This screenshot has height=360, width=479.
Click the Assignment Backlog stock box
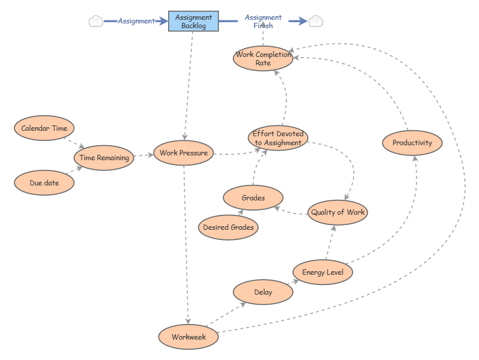(x=193, y=21)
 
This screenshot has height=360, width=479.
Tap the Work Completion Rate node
(x=263, y=58)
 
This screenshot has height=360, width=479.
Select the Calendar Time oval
(x=44, y=128)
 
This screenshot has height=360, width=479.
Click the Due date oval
(x=44, y=183)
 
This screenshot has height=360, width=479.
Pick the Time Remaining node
(x=104, y=158)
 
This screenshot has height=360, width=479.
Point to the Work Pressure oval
(x=184, y=153)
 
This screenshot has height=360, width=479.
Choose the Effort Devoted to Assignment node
(x=278, y=138)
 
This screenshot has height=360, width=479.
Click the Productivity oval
(x=412, y=143)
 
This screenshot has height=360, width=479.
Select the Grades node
(x=253, y=197)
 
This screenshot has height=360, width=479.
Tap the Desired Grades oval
(x=228, y=227)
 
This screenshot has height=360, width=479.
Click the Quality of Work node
(x=337, y=212)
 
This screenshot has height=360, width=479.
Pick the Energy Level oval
(x=323, y=272)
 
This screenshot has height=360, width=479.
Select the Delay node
(x=263, y=292)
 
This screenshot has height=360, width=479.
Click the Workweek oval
(x=188, y=337)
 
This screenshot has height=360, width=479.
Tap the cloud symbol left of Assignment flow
(x=95, y=21)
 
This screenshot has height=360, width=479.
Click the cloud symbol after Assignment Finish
(x=316, y=21)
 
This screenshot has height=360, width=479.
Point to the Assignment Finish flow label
(x=263, y=22)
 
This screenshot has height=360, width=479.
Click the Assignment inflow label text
(x=136, y=21)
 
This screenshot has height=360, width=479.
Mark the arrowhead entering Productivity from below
(x=415, y=158)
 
